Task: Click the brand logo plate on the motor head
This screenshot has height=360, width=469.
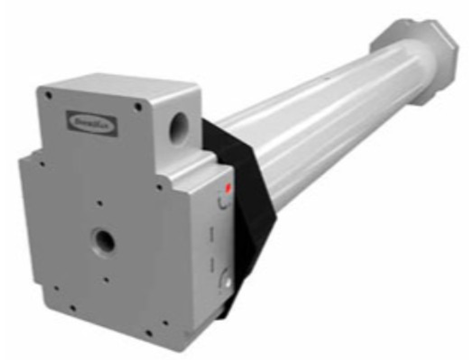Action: tap(92, 123)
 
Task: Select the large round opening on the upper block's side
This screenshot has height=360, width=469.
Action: tap(179, 128)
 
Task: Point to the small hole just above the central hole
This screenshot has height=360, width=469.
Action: tap(99, 204)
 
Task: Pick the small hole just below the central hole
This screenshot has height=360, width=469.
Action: tap(106, 280)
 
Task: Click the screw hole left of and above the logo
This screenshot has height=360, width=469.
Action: tap(48, 95)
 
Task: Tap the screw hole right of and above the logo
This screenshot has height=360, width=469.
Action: tap(138, 107)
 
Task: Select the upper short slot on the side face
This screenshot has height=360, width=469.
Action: tap(212, 234)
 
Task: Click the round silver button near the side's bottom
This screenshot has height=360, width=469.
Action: tap(228, 282)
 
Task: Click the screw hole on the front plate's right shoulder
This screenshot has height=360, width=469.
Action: tap(159, 187)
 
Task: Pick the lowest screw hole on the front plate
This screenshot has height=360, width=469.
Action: tap(149, 333)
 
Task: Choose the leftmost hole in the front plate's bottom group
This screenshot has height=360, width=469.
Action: tap(56, 288)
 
